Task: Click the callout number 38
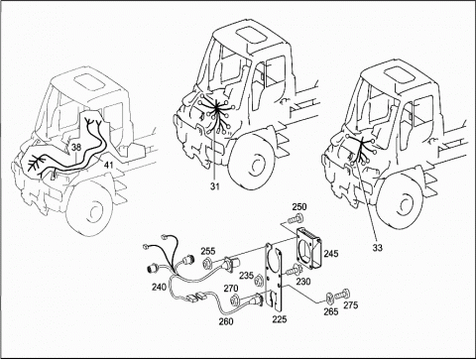tap(76, 148)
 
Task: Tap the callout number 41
tap(108, 165)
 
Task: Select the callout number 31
tap(214, 186)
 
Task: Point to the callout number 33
tap(377, 248)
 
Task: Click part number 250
tap(299, 207)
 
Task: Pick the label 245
tap(331, 254)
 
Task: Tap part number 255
tap(208, 251)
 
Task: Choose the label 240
tap(160, 288)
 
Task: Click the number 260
tap(226, 321)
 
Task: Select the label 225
tap(280, 319)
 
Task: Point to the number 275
tap(350, 304)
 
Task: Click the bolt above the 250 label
tap(296, 218)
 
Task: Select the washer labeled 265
tap(329, 298)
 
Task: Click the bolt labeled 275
tap(342, 295)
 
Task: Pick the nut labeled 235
tap(259, 282)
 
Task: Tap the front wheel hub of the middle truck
tap(257, 165)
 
